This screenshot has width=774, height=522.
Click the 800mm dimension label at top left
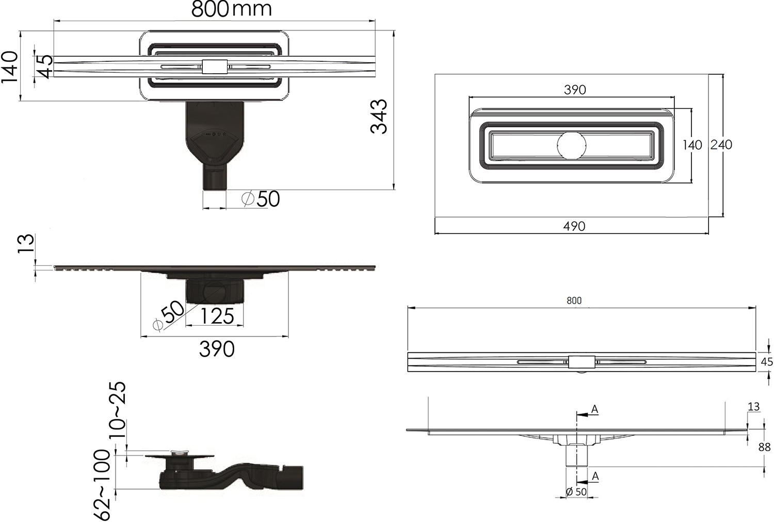point(232,9)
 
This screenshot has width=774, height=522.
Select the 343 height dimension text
point(379,116)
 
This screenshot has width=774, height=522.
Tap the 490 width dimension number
point(574,226)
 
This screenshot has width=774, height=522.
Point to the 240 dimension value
point(721,145)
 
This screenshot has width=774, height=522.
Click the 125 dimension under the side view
point(217,316)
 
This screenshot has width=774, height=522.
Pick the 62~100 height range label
point(102,484)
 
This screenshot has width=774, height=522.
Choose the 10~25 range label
point(118,410)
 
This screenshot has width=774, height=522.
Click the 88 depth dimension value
point(764,447)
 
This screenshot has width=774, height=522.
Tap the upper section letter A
point(594,409)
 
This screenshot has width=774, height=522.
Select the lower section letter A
point(595,476)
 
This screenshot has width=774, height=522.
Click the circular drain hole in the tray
point(572,145)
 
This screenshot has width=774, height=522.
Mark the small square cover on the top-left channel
point(215,66)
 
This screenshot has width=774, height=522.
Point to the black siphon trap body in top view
point(214,138)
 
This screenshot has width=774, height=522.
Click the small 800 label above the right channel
point(574,300)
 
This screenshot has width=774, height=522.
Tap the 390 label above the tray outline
point(575,90)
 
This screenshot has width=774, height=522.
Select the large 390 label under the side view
point(217,349)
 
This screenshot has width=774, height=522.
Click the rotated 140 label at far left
point(10,67)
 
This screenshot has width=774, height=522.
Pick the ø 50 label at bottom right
point(576,492)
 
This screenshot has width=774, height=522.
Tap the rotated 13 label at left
point(26,244)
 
